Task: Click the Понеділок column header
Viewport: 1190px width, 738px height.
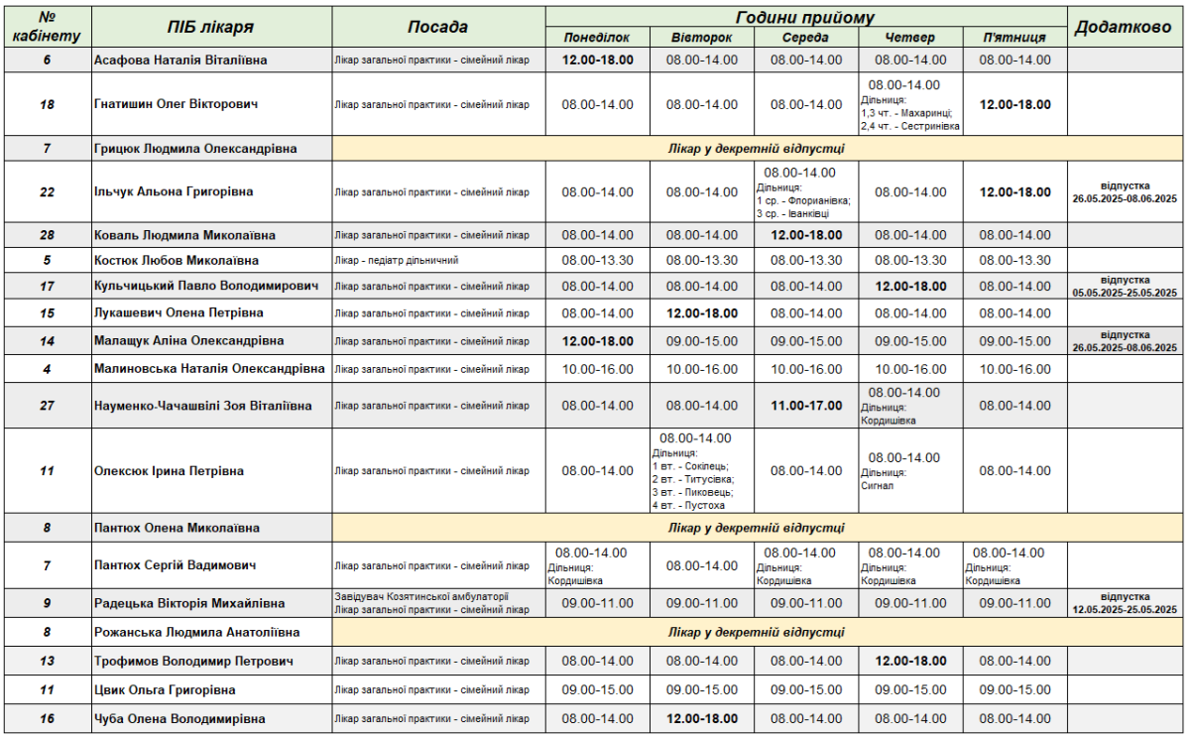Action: (597, 38)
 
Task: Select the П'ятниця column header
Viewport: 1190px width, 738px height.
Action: (1014, 38)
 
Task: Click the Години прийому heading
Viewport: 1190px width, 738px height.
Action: (805, 18)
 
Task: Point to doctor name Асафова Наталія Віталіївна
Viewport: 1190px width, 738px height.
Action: (180, 61)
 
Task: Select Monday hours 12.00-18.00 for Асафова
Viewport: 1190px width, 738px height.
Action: (597, 61)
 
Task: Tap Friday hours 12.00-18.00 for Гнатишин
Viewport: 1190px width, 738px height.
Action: (1014, 104)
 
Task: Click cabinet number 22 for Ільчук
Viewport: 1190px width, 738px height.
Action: (47, 192)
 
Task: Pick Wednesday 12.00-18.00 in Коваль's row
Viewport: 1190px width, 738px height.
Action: (806, 235)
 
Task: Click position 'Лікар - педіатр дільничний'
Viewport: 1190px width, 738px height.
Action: (397, 261)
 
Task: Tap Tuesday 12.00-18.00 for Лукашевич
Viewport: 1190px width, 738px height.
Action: (702, 313)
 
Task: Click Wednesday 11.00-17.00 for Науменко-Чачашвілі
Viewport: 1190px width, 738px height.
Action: (806, 406)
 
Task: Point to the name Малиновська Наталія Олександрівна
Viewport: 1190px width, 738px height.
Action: (209, 369)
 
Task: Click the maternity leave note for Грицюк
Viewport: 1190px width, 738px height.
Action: (756, 149)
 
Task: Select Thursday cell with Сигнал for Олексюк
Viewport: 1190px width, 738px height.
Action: (904, 471)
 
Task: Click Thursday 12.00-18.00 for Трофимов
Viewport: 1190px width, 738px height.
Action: (910, 662)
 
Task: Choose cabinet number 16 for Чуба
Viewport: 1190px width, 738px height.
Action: (47, 719)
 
